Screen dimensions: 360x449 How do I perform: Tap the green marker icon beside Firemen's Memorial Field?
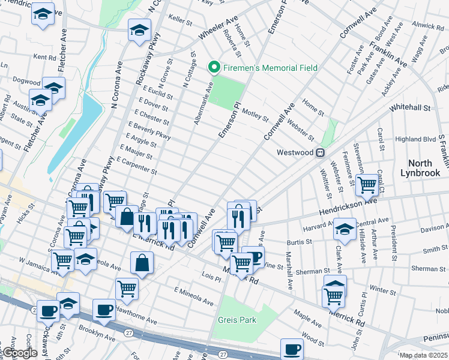click(211, 68)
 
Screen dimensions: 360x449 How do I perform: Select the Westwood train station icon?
click(321, 152)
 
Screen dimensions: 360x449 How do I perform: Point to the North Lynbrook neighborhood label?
click(424, 168)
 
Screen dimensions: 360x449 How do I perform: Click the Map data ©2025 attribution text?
click(424, 355)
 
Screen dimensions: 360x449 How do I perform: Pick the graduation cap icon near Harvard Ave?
click(345, 229)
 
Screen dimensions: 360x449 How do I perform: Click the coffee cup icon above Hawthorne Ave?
click(104, 309)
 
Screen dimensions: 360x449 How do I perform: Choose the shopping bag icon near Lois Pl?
click(141, 262)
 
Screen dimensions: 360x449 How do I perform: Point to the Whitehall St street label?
click(411, 109)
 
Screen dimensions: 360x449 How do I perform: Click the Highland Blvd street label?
click(415, 139)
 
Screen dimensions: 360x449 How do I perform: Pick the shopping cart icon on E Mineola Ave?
click(127, 289)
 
